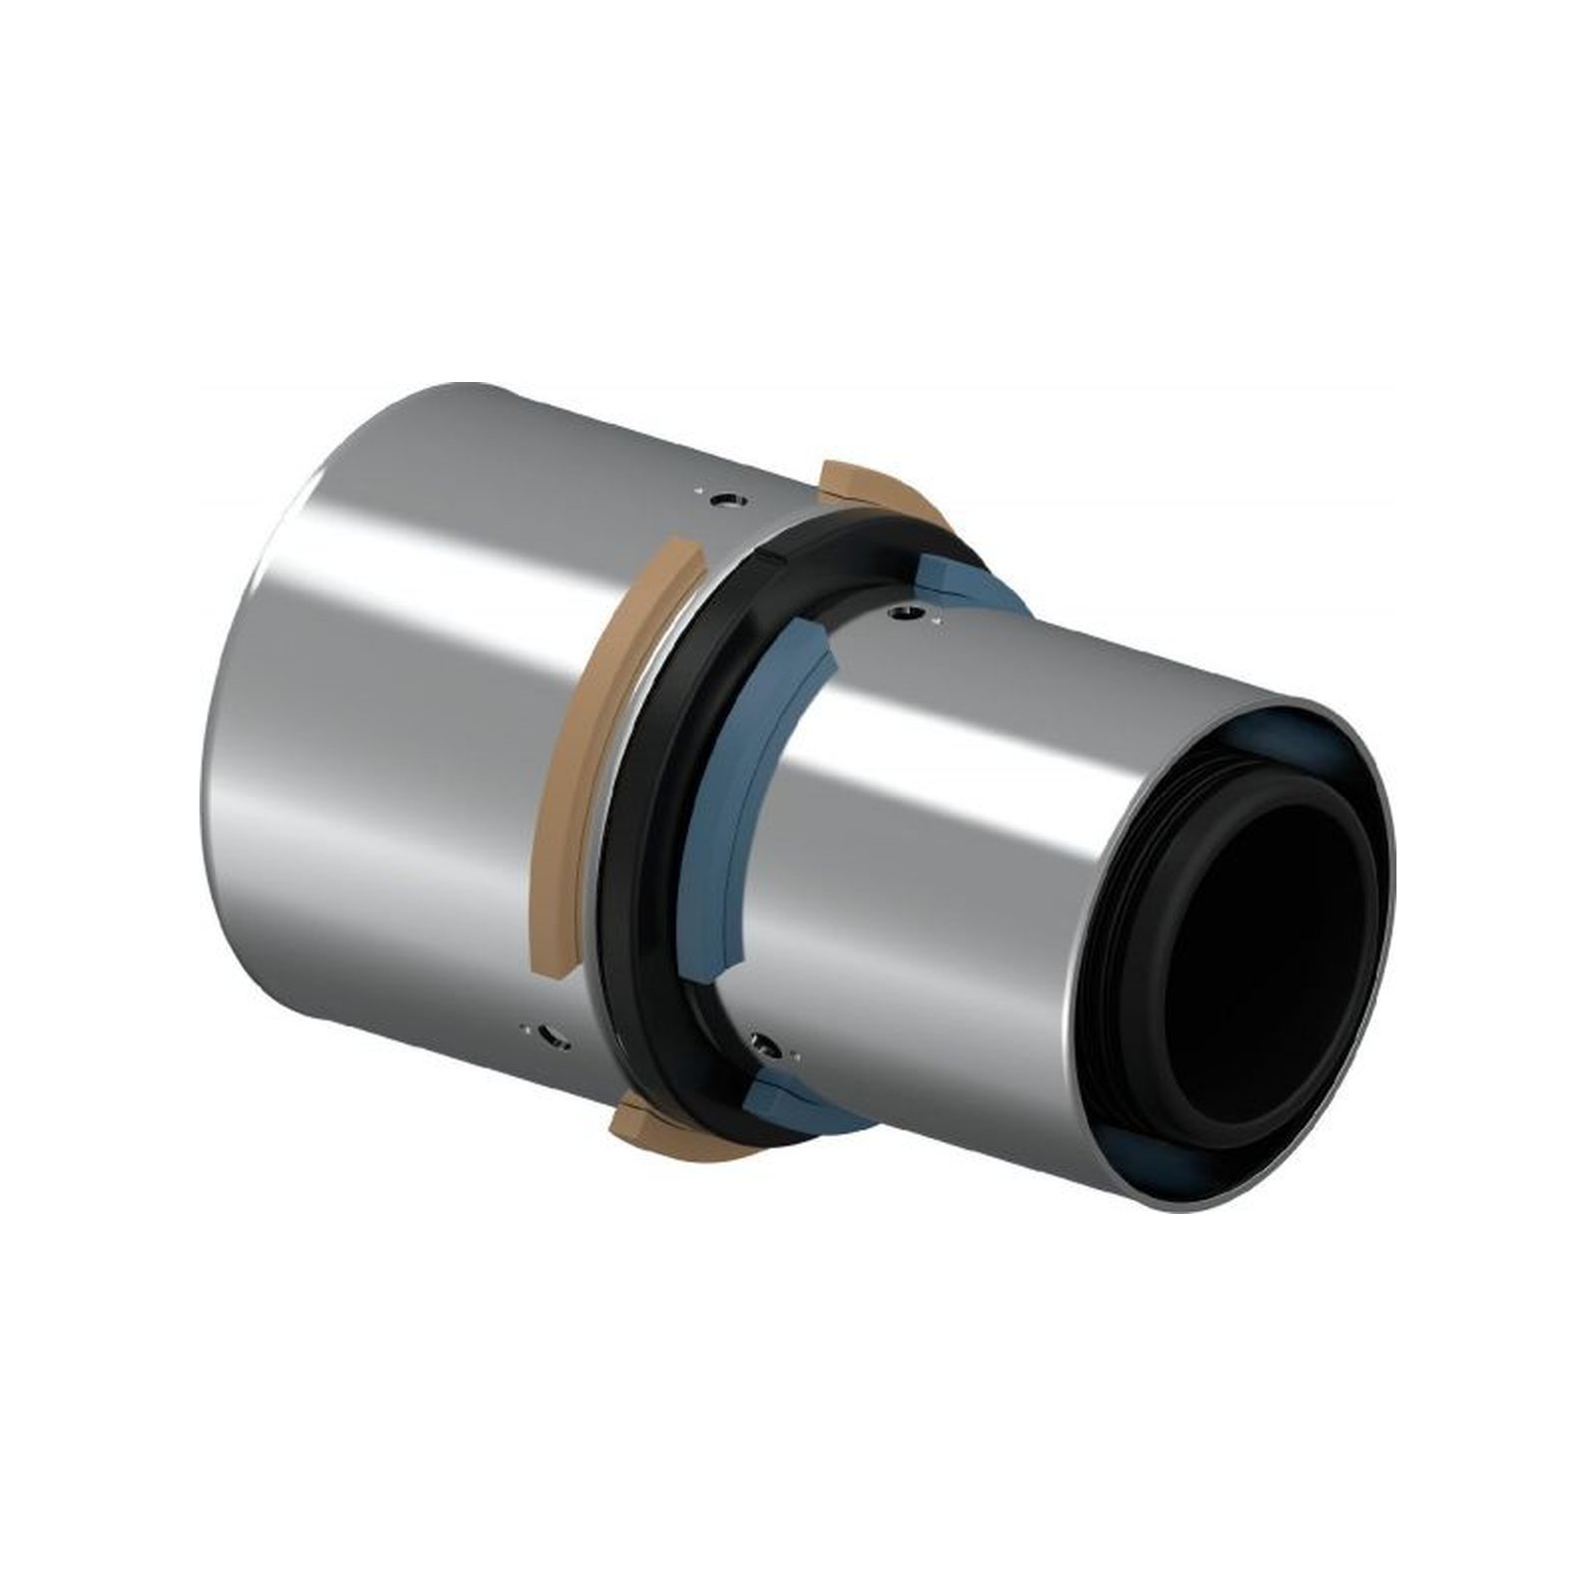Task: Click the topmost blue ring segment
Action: (948, 580)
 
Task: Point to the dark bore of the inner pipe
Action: (1267, 958)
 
